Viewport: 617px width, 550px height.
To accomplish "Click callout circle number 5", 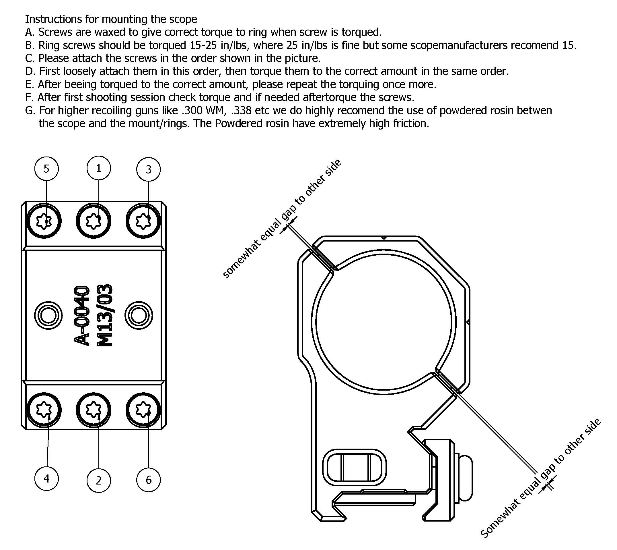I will (46, 169).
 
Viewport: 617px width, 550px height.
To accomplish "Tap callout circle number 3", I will (149, 169).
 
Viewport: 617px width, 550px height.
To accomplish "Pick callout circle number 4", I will (46, 478).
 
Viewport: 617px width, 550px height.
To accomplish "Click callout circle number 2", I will (99, 480).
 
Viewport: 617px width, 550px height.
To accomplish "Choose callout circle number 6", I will (149, 480).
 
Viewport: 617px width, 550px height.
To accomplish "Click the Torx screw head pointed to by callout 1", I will (93, 221).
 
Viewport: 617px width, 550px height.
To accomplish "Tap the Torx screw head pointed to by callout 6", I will (143, 410).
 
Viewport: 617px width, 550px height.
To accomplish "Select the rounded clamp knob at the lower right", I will (465, 477).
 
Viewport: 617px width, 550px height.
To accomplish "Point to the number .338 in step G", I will (241, 110).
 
